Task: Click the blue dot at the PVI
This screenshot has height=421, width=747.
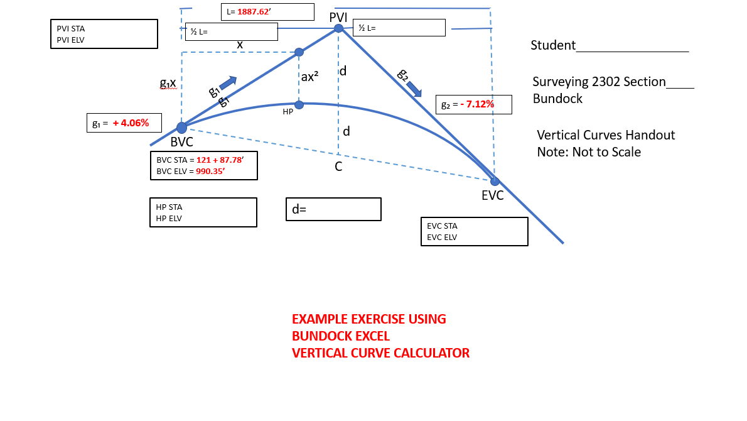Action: coord(338,28)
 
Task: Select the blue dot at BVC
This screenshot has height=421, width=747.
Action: coord(181,128)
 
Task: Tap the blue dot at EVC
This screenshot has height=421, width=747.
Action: coord(495,182)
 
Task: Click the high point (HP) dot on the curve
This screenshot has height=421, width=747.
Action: coord(299,104)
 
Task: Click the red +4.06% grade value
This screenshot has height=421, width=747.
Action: coord(131,123)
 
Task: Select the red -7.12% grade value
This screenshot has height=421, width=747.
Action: coord(477,104)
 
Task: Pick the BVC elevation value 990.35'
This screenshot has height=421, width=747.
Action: coord(215,170)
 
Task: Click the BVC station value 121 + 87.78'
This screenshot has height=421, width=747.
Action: coord(220,160)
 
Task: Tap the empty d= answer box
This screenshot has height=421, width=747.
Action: coord(333,209)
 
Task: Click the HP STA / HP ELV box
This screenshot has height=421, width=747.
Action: coord(203,212)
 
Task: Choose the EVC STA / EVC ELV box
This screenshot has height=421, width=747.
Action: coord(474,231)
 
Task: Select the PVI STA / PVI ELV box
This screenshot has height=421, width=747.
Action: coord(103,34)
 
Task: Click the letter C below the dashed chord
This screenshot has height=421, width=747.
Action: coord(338,167)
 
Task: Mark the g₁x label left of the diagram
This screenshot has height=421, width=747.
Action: coord(168,82)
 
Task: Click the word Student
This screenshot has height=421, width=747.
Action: coord(553,45)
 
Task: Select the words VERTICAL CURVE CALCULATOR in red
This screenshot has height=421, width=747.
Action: coord(380,353)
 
